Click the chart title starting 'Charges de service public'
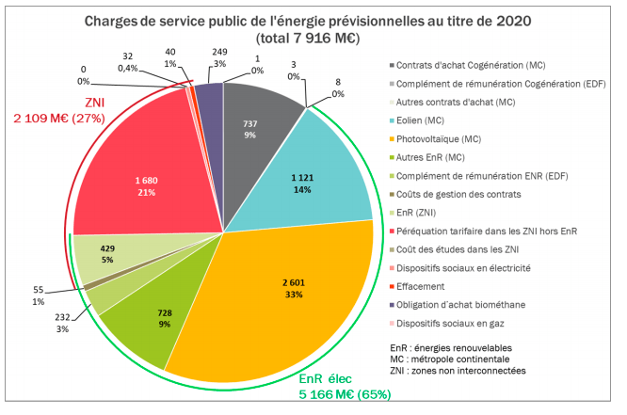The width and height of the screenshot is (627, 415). point(313,28)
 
